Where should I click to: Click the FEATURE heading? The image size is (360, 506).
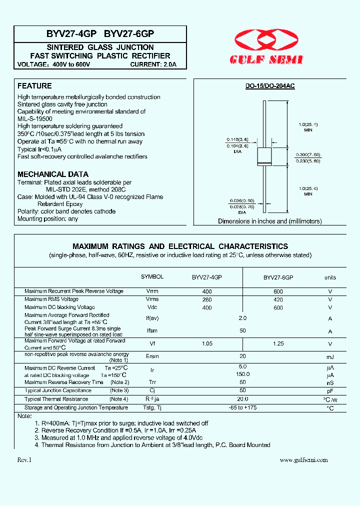click(x=34, y=86)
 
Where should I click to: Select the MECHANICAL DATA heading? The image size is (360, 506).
click(x=53, y=174)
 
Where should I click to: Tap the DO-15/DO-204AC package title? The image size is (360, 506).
click(x=269, y=86)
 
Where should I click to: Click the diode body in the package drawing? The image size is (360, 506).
click(x=263, y=156)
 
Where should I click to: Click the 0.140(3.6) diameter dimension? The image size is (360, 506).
click(x=237, y=139)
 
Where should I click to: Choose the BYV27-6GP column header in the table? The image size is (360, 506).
click(x=278, y=277)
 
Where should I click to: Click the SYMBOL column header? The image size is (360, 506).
click(x=152, y=276)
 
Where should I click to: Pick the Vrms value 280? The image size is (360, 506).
click(x=207, y=299)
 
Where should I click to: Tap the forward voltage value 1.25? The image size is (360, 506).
click(x=278, y=343)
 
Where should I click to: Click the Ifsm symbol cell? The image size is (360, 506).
click(x=152, y=331)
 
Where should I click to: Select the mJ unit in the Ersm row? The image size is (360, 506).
click(x=330, y=356)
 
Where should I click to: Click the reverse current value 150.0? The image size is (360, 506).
click(x=242, y=374)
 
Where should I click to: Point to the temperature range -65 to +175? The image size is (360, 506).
click(x=242, y=407)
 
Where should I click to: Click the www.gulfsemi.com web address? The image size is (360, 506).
click(x=303, y=460)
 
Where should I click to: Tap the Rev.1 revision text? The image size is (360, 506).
click(x=24, y=460)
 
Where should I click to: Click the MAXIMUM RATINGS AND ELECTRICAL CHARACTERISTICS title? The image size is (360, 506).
click(x=180, y=246)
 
